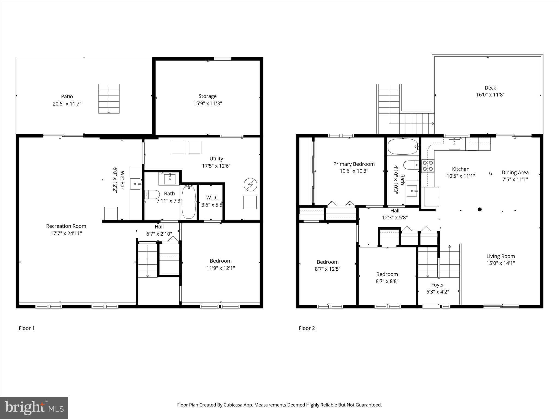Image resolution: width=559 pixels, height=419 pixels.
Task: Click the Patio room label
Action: coord(67,96)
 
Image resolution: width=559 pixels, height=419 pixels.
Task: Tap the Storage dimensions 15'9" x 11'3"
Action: coord(207,103)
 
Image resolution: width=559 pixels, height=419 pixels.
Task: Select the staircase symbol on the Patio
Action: coord(109,98)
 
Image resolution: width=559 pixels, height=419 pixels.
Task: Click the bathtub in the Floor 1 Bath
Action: coord(189,202)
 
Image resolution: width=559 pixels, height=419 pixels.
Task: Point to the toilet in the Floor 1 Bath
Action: coord(152,194)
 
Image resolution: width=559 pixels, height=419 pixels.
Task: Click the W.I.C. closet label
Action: coord(213,197)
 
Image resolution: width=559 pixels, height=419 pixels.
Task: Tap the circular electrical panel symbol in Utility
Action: coord(250,185)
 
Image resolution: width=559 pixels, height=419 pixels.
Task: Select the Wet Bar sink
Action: coord(135,184)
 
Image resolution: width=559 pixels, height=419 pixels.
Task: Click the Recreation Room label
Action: coord(66,226)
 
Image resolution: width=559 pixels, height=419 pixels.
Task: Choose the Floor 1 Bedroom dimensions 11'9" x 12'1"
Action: coord(221,268)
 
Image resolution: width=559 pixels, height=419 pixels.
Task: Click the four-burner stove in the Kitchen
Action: coord(428,166)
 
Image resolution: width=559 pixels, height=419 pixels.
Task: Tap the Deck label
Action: coord(490,88)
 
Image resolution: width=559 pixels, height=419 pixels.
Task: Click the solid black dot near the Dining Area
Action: coord(480,209)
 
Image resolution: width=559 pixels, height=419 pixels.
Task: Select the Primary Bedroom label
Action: coord(354,164)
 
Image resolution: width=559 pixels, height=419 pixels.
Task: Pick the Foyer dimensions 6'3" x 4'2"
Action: coord(438,292)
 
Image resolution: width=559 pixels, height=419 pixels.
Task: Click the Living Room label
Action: coord(501,256)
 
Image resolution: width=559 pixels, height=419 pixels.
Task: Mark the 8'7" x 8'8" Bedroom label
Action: coord(387,274)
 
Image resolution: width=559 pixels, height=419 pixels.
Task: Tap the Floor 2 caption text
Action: coord(307,328)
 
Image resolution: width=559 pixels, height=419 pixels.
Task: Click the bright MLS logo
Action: coord(34,408)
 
